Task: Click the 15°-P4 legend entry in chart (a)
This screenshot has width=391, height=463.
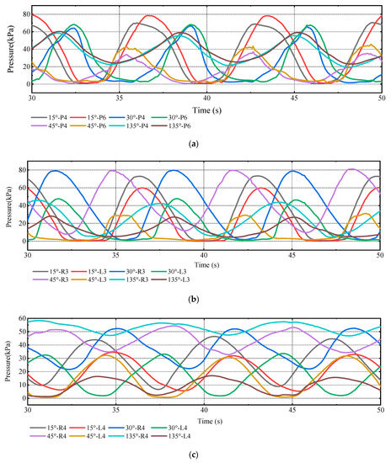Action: (50, 118)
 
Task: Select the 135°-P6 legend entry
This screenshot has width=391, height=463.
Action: (170, 125)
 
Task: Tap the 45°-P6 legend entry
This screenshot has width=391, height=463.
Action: (88, 125)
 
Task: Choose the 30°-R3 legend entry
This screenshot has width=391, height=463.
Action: (127, 271)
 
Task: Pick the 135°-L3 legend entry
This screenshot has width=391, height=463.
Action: (170, 279)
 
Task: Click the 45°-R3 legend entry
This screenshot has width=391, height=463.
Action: (51, 279)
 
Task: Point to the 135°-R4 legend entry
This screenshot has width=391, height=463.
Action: (128, 436)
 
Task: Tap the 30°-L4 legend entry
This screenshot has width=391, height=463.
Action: (169, 428)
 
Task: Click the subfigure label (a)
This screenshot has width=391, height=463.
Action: (194, 144)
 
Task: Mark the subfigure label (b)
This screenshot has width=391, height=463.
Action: (194, 300)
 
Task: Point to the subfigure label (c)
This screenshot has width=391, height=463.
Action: (194, 455)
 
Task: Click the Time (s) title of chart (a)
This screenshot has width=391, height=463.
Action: (207, 110)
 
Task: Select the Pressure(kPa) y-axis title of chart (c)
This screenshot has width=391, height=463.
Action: (8, 361)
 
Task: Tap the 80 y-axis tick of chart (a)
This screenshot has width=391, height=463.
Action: (26, 14)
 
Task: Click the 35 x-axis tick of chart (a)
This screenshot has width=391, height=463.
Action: (119, 98)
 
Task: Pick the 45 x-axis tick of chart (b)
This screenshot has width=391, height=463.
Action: (292, 254)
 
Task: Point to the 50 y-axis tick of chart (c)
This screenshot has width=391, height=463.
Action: (22, 332)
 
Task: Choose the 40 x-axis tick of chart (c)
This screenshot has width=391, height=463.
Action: (204, 410)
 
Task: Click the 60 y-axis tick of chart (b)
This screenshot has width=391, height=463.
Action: (22, 188)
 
